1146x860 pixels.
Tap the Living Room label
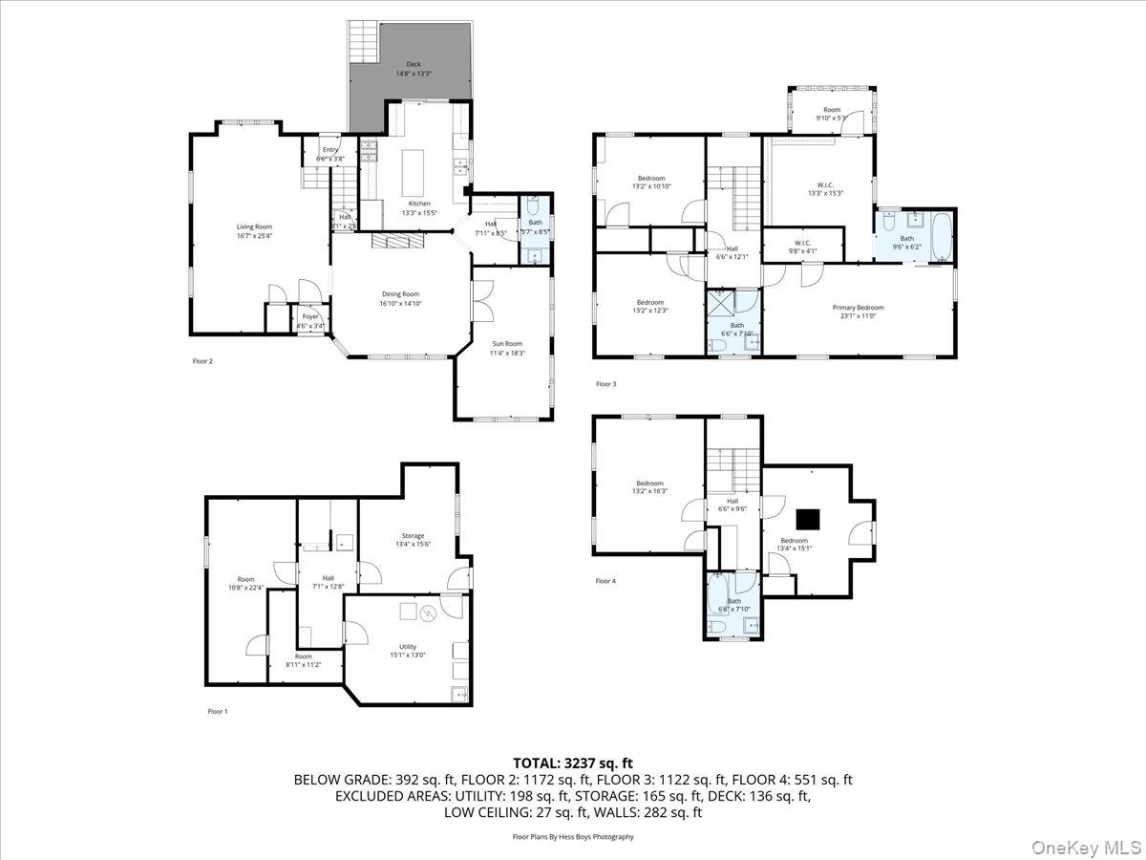[x=248, y=231]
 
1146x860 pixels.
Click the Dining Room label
[x=399, y=299]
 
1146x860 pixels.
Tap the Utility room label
[x=408, y=651]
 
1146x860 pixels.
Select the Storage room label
[x=413, y=540]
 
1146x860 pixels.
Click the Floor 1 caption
[x=218, y=711]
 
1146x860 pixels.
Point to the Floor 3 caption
[x=605, y=384]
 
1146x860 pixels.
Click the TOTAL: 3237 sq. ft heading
[x=573, y=763]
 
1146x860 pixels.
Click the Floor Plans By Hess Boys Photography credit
[x=573, y=836]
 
